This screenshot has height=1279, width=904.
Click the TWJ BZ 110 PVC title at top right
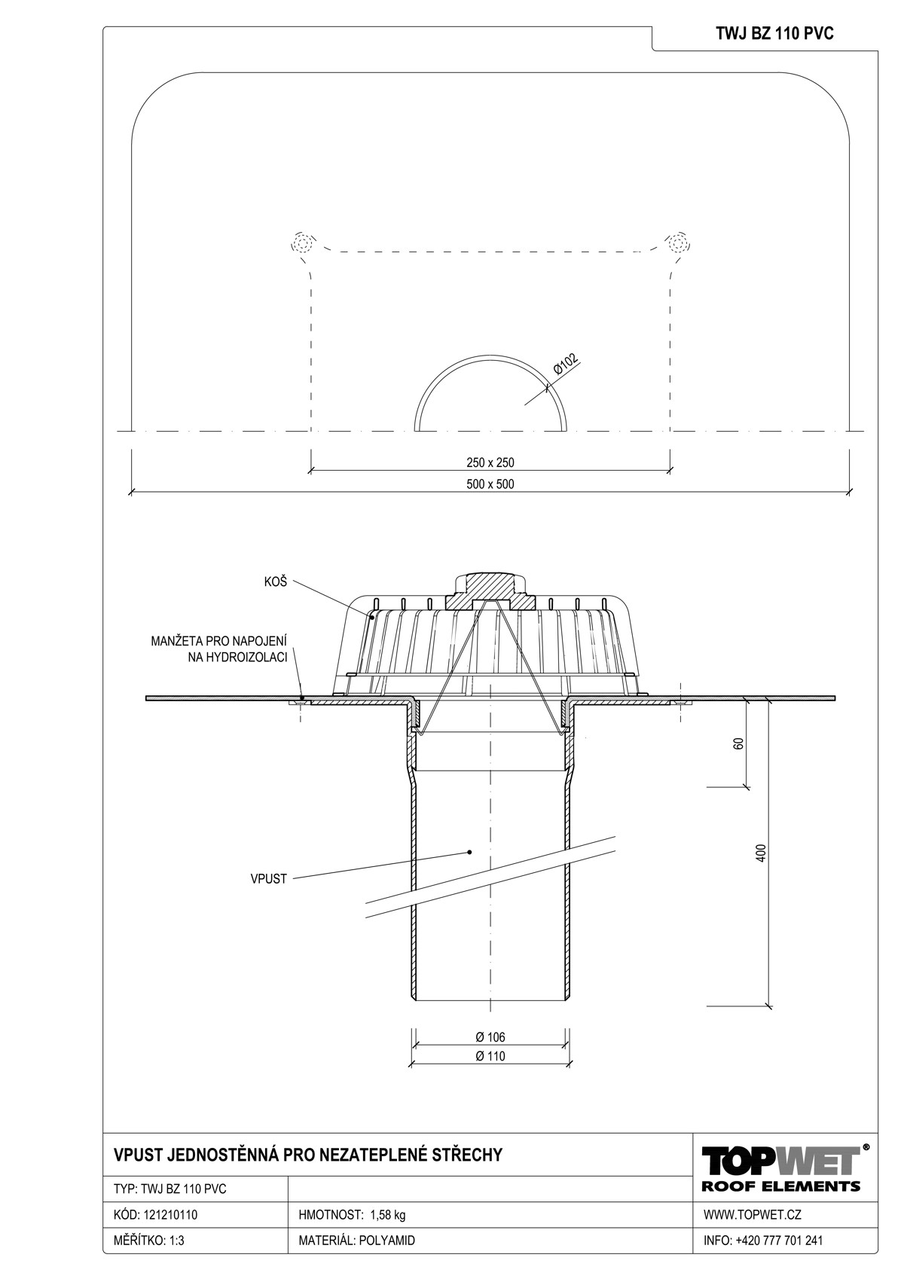[x=774, y=34]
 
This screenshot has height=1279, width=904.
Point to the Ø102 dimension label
[x=565, y=365]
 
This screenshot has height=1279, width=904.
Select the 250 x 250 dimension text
[x=490, y=462]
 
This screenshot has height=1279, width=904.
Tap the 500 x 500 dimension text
[x=490, y=484]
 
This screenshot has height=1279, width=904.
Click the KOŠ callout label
[x=274, y=582]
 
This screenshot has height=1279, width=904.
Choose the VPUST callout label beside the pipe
[x=268, y=879]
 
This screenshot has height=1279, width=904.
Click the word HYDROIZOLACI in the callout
[x=237, y=658]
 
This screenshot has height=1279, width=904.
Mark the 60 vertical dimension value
[x=738, y=743]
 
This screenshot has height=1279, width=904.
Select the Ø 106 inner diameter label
[x=490, y=1036]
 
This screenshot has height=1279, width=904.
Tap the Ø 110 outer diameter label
[x=490, y=1056]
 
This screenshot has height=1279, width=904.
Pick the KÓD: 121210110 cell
[x=156, y=1214]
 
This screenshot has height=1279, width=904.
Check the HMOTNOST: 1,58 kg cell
[x=352, y=1214]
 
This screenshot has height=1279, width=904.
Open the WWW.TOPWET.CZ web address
[x=752, y=1214]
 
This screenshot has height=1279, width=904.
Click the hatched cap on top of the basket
[x=490, y=593]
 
